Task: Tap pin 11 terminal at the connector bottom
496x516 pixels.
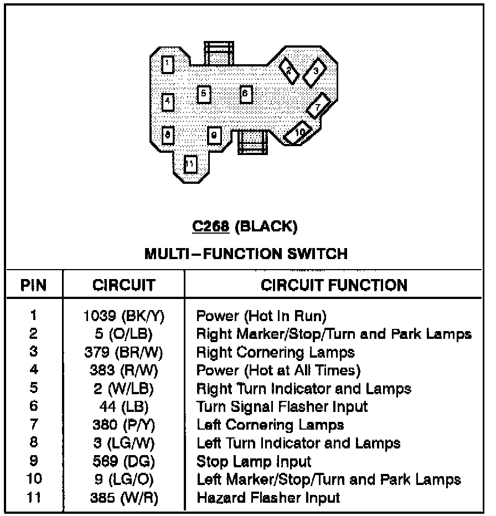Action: [190, 164]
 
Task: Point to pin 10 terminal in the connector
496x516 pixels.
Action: [298, 133]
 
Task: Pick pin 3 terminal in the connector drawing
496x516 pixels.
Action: [315, 71]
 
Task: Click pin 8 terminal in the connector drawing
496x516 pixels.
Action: [168, 134]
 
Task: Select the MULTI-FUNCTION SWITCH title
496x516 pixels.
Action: [246, 254]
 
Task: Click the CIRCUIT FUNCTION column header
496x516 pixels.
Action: [334, 285]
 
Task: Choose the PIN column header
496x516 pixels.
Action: [34, 286]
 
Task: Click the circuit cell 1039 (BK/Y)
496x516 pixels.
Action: [124, 316]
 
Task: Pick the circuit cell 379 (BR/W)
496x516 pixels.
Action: [124, 352]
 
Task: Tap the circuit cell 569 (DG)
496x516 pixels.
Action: [124, 461]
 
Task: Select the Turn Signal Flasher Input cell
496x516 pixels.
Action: [282, 407]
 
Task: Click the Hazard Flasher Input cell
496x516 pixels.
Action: [268, 497]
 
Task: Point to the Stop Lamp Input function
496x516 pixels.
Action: [254, 461]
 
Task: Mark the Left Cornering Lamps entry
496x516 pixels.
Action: [270, 425]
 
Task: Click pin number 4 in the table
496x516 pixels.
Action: [34, 370]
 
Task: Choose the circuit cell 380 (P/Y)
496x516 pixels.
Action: [124, 425]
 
